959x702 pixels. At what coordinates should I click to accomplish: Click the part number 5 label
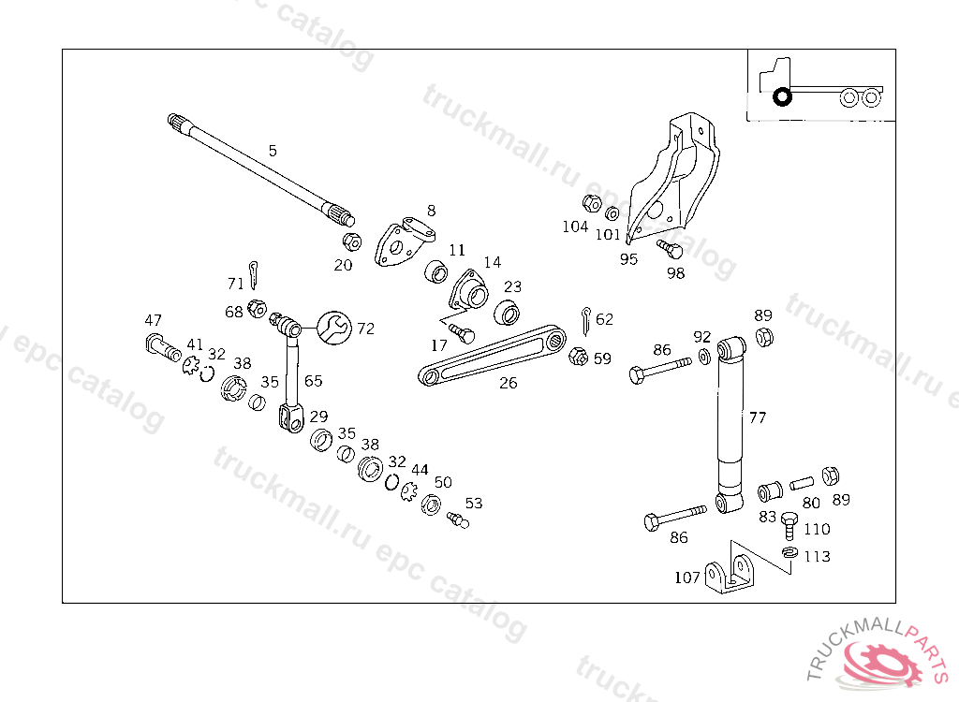pyautogui.click(x=273, y=150)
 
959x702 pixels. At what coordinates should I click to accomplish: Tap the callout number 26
pyautogui.click(x=508, y=383)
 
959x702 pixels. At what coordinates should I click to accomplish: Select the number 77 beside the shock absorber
pyautogui.click(x=757, y=417)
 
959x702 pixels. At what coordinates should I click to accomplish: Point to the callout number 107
pyautogui.click(x=687, y=578)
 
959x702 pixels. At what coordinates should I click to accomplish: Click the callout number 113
pyautogui.click(x=817, y=557)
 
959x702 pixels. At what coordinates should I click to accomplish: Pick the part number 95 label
pyautogui.click(x=628, y=259)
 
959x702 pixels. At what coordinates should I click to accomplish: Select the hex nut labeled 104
pyautogui.click(x=591, y=203)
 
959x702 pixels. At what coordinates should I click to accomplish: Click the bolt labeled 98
pyautogui.click(x=671, y=250)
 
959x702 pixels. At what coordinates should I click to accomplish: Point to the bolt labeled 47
pyautogui.click(x=161, y=350)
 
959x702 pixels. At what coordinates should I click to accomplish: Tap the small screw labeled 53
pyautogui.click(x=458, y=519)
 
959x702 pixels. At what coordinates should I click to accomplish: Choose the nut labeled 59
pyautogui.click(x=578, y=357)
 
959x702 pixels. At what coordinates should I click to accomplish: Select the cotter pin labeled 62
pyautogui.click(x=585, y=319)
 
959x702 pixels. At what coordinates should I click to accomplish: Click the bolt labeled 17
pyautogui.click(x=463, y=333)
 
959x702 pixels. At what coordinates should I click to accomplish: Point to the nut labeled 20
pyautogui.click(x=351, y=242)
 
